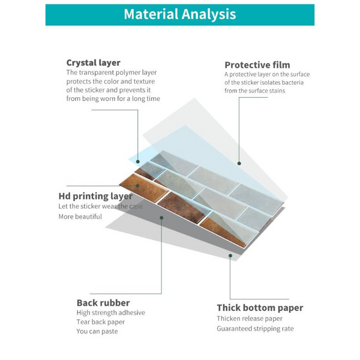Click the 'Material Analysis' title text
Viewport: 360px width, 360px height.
click(179, 14)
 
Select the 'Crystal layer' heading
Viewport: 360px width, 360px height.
click(93, 62)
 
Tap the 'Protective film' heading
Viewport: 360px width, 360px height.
click(257, 65)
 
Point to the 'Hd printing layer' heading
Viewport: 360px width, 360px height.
click(95, 196)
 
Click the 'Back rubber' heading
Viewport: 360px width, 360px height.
click(103, 302)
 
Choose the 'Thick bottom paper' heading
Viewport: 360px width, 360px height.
click(260, 308)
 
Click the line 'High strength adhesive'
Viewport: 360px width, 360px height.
click(110, 313)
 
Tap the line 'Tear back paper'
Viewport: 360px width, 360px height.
click(100, 322)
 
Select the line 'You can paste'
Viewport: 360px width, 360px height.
click(97, 331)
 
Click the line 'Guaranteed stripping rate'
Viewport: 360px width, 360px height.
click(255, 328)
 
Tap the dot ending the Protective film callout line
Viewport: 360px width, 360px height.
click(239, 163)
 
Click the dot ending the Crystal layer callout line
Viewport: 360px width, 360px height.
click(138, 162)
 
